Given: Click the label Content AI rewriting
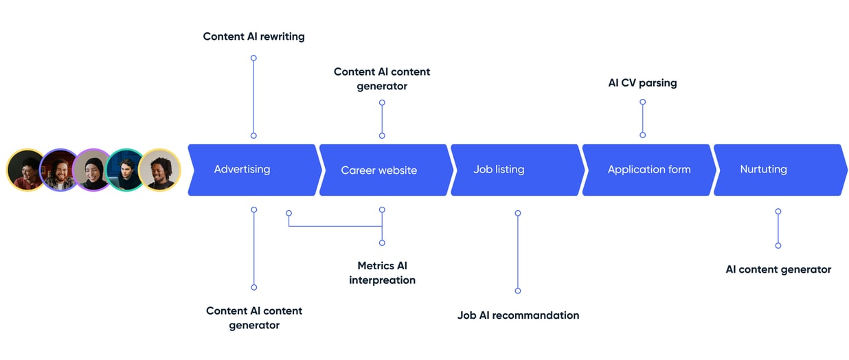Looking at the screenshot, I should point(253,36).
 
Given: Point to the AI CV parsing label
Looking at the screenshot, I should point(642,82).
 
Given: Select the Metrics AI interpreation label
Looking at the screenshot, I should point(383,273).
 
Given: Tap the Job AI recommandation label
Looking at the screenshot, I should point(518,315).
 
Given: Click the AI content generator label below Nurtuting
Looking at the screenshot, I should point(778,269).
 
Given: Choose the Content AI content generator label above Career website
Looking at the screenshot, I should point(382,79).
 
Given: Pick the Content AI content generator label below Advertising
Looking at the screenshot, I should point(254,318).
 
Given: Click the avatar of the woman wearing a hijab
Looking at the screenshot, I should point(93,170).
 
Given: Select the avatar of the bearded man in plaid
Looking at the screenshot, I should point(60,170).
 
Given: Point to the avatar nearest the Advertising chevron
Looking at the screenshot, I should point(159,170).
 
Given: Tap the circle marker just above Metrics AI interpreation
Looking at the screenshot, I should point(382,243).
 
